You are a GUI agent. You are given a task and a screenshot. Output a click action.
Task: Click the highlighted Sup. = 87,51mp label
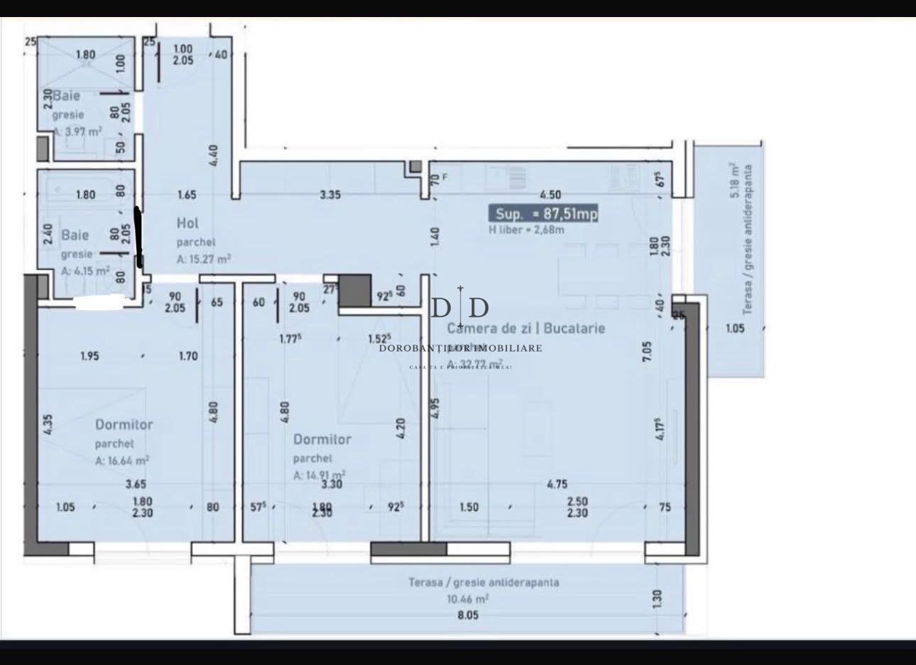(543, 214)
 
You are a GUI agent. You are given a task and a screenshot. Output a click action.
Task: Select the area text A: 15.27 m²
(204, 259)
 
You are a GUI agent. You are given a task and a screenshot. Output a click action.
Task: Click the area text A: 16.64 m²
(122, 460)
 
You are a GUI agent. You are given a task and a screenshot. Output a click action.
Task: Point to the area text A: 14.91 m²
(320, 475)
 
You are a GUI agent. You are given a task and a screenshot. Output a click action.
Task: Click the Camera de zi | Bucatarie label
(525, 328)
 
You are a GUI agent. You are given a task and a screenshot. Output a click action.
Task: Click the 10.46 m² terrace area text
(467, 599)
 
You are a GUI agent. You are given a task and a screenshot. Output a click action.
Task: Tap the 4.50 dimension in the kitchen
(551, 195)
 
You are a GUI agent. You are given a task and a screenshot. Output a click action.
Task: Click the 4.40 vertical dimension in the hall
(214, 153)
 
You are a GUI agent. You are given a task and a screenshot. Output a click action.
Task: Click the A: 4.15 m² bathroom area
(85, 271)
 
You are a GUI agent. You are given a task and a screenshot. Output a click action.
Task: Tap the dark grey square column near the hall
(355, 291)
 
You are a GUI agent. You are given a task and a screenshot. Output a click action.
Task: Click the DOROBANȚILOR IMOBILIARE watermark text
(461, 348)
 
